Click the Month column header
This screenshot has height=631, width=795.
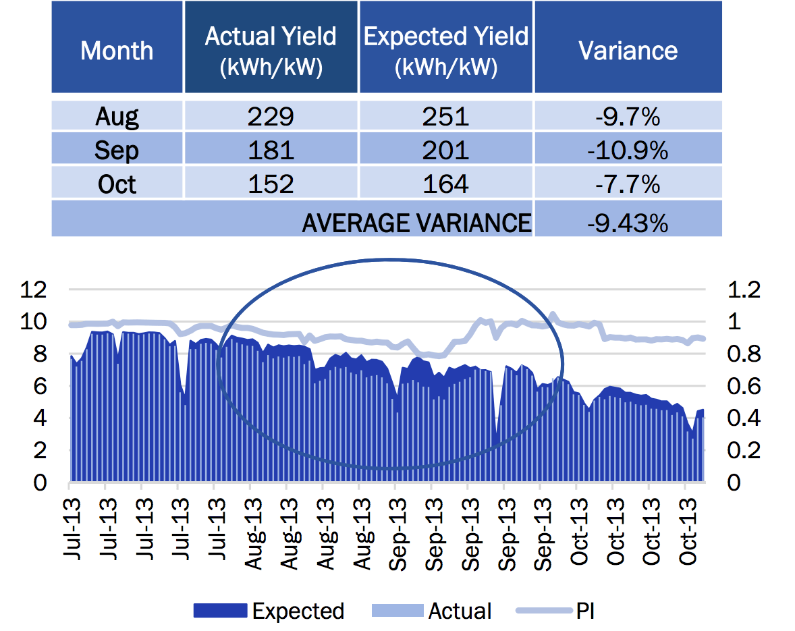tap(117, 51)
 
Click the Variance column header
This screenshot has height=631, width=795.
tap(628, 51)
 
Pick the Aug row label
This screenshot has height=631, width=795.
tap(117, 117)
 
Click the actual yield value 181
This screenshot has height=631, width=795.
tap(271, 150)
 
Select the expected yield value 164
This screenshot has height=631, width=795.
tap(446, 184)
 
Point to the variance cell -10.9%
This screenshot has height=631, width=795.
tap(628, 150)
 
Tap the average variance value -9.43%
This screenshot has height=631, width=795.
tap(628, 223)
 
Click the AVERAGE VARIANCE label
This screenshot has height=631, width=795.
tap(416, 223)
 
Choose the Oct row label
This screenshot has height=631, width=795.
tap(117, 184)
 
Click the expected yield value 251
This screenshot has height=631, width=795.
tap(446, 117)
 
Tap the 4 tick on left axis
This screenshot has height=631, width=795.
tap(40, 418)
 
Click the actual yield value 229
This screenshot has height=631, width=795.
tap(271, 117)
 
